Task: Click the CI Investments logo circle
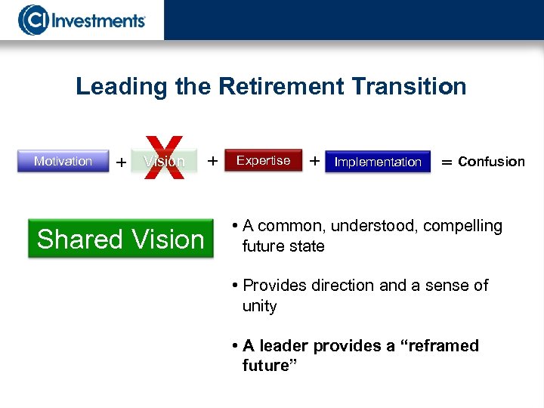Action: pyautogui.click(x=32, y=20)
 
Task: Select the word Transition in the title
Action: pyautogui.click(x=409, y=86)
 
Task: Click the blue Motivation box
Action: pyautogui.click(x=63, y=161)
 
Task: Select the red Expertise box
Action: pyautogui.click(x=263, y=160)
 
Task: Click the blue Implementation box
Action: pyautogui.click(x=378, y=162)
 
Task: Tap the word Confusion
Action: pyautogui.click(x=491, y=161)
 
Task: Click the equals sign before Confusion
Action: pyautogui.click(x=447, y=162)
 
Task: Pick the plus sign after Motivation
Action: pyautogui.click(x=121, y=162)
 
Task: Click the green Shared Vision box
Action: pyautogui.click(x=121, y=239)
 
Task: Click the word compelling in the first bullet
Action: pyautogui.click(x=462, y=226)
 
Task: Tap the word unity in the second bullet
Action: pyautogui.click(x=259, y=306)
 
